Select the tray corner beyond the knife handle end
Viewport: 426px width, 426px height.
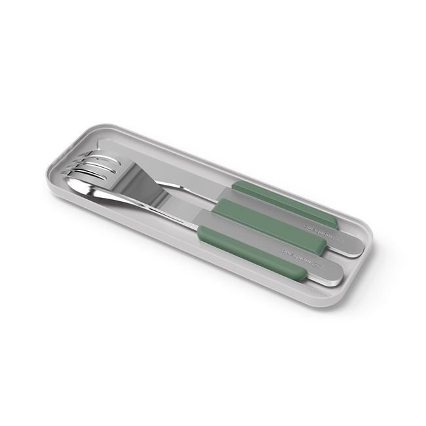(x=367, y=229)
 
